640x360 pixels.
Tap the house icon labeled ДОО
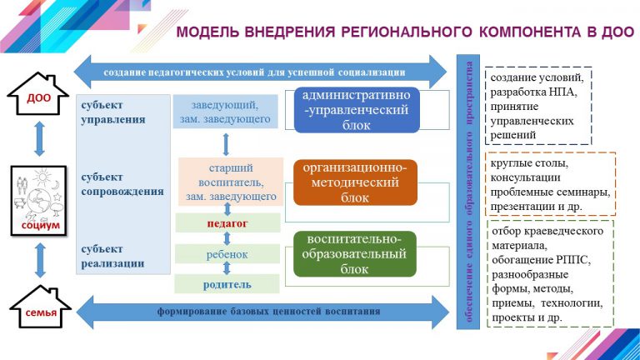36,98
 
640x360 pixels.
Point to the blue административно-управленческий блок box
357,109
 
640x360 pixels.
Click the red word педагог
227,223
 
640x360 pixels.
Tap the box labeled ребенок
227,254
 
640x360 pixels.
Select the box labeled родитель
227,283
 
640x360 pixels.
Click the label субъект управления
113,112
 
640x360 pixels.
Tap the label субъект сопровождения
122,183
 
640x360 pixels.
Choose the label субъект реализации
113,255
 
